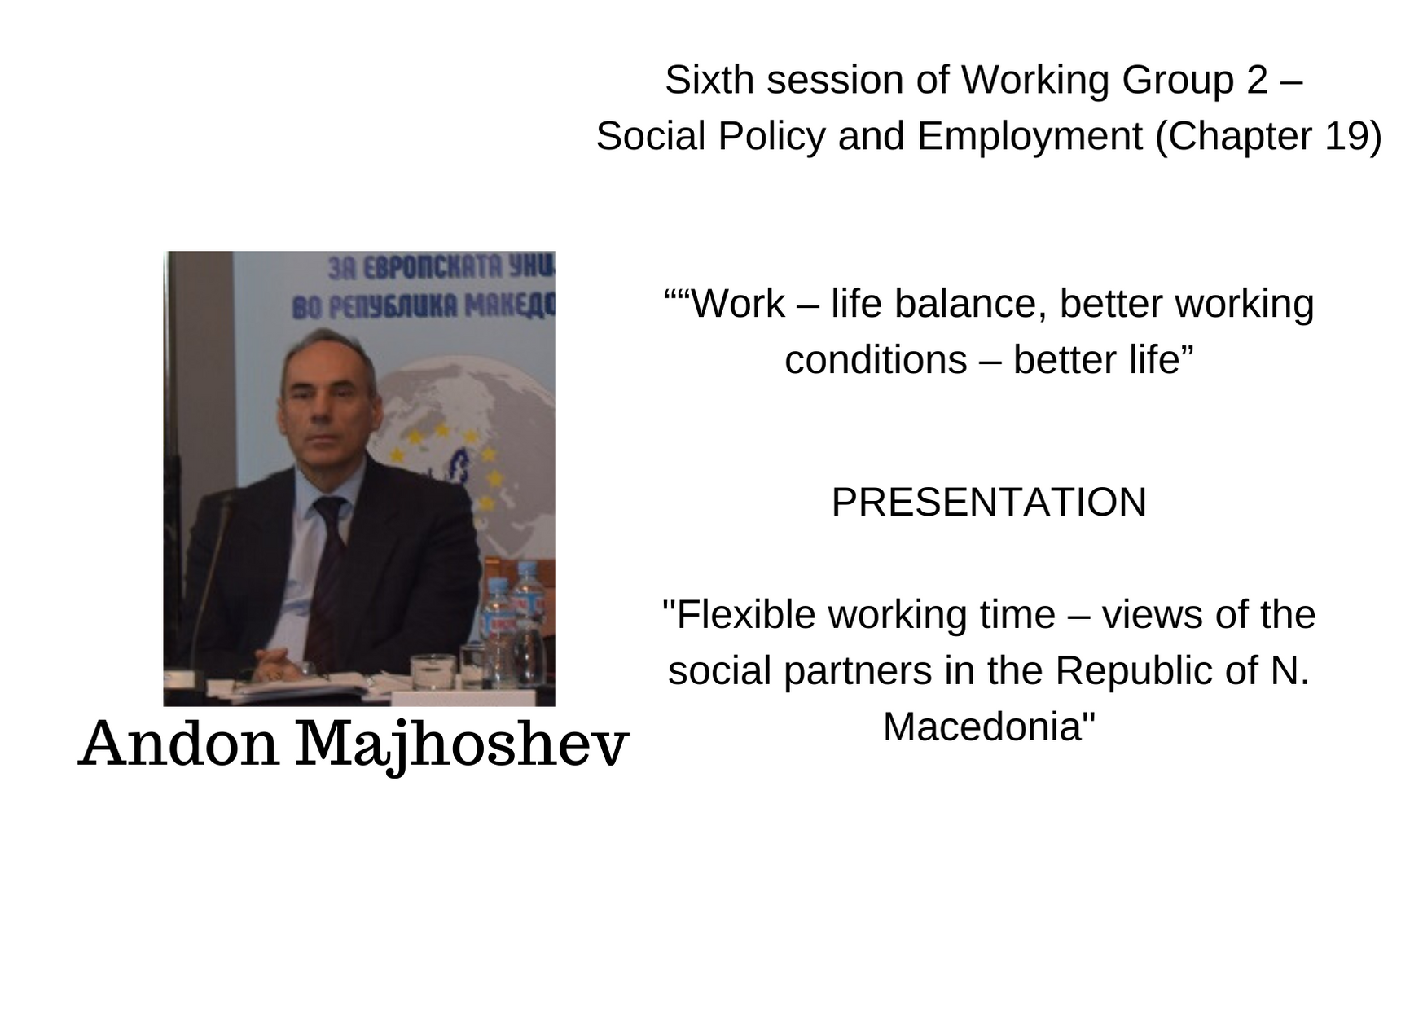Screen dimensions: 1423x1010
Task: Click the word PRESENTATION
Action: [x=989, y=502]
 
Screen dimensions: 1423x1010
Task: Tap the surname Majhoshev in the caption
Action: [x=461, y=744]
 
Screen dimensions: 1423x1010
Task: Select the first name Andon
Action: [x=179, y=743]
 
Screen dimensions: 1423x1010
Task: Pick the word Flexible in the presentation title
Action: [x=747, y=614]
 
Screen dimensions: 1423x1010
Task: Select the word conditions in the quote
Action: [x=875, y=360]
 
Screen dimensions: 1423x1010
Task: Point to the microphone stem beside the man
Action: [x=208, y=586]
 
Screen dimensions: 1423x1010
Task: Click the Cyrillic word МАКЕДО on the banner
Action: [x=510, y=306]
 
